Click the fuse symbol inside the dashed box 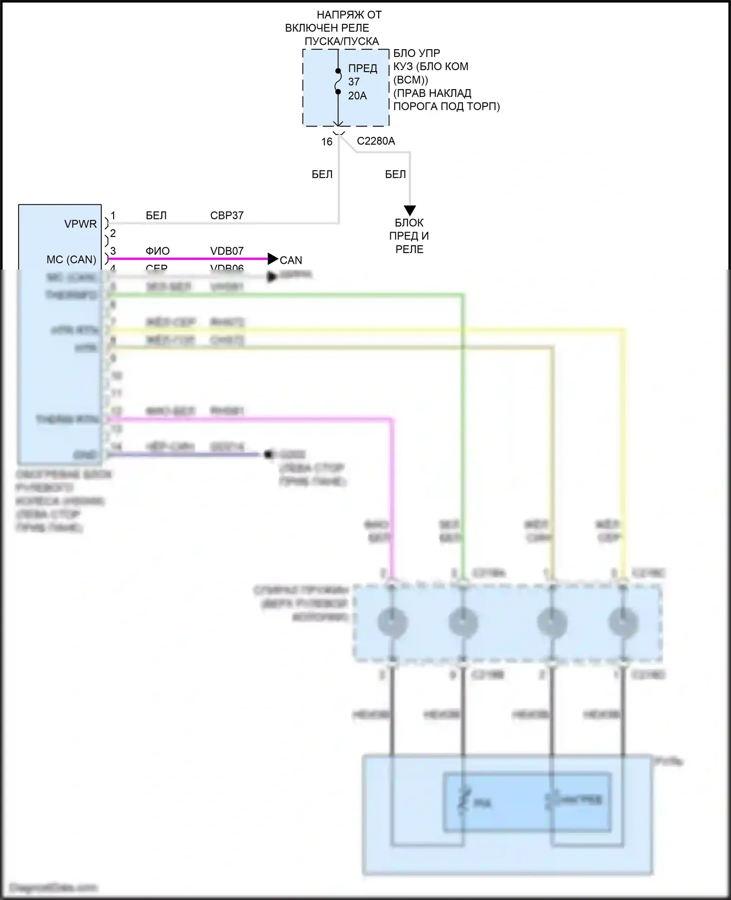tap(338, 81)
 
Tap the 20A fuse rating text tap(357, 96)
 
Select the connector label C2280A tap(376, 141)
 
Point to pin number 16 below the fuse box tap(327, 142)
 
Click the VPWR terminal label tap(80, 224)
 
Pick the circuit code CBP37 tap(227, 215)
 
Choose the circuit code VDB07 tap(227, 251)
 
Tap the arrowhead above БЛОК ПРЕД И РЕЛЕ tap(410, 210)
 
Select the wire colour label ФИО tap(157, 251)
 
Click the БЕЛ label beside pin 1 tap(156, 215)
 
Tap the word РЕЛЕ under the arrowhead tap(409, 249)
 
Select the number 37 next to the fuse tap(354, 82)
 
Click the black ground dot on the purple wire tap(268, 455)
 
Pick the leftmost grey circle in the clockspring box tap(392, 623)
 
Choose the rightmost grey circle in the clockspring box tap(623, 623)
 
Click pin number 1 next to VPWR tap(113, 215)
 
